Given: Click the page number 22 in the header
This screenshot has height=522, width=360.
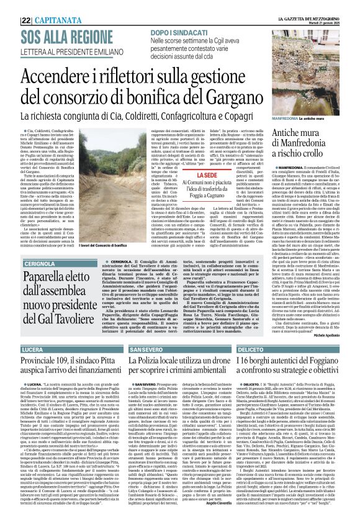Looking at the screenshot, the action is point(26,20).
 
